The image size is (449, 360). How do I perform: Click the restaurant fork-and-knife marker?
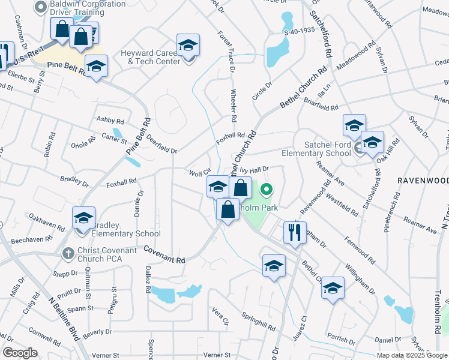coord(294,232)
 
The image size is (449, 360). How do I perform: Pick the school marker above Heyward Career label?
coord(188,46)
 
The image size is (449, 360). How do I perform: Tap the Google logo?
coord(20,353)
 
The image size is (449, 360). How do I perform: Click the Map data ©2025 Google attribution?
coord(411,355)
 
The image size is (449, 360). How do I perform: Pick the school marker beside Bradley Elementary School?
coord(83,217)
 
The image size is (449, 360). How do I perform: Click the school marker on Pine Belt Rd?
coord(95,67)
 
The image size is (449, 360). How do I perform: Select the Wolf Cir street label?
coord(199,173)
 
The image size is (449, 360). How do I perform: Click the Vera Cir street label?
coord(221,316)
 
